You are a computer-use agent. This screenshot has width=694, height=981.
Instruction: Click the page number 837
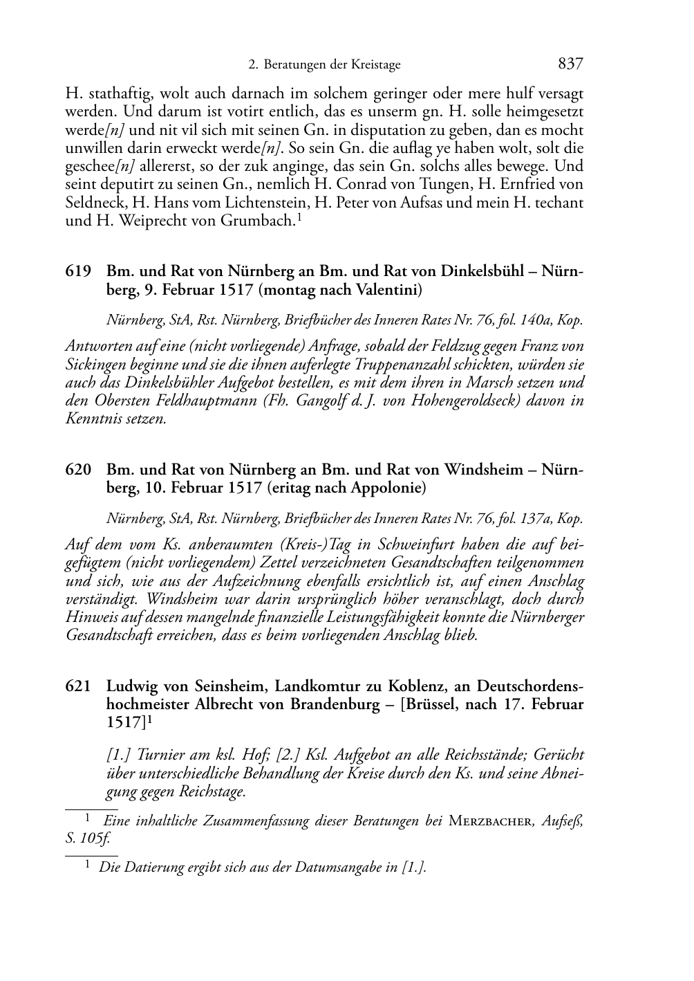click(x=570, y=64)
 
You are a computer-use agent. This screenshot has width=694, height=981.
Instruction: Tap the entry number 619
click(x=78, y=272)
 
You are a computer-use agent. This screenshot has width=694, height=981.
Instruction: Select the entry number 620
click(x=78, y=470)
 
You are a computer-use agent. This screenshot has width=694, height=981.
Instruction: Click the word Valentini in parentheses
click(x=387, y=290)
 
